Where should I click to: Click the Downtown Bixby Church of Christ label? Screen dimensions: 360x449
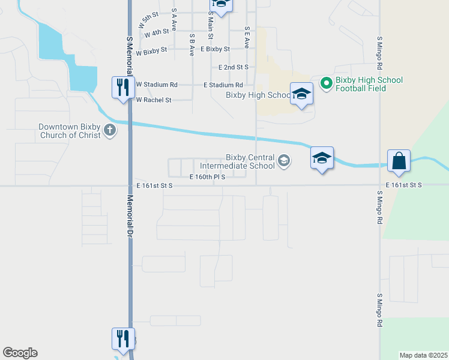(68, 131)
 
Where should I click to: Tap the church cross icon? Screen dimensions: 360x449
(109, 130)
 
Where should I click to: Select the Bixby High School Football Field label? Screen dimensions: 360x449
(369, 84)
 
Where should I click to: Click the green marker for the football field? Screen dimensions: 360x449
(327, 83)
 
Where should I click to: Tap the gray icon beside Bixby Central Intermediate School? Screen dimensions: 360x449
(283, 161)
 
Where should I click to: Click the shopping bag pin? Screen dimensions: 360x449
(399, 161)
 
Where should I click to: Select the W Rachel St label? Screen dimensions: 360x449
(154, 100)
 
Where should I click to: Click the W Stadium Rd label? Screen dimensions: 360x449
(157, 85)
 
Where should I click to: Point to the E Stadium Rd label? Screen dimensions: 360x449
(223, 85)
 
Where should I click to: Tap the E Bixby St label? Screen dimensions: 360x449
(215, 49)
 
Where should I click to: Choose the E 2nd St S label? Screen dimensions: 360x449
(234, 67)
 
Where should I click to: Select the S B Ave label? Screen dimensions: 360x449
(191, 44)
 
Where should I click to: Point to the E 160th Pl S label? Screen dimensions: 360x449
(207, 177)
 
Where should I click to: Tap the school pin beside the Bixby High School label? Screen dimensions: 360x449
(301, 94)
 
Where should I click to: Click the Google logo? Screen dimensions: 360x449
(20, 353)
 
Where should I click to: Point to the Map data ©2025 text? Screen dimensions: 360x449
(423, 355)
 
